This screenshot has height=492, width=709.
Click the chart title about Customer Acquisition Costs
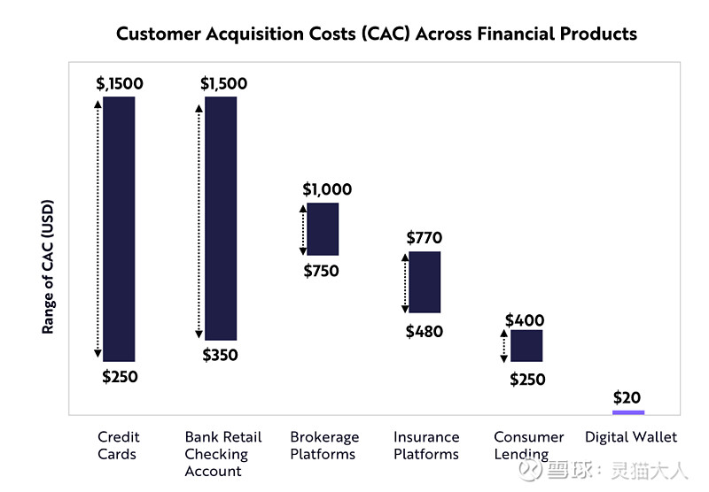377,35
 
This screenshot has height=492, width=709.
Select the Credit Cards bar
119,228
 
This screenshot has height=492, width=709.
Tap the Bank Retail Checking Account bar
221,218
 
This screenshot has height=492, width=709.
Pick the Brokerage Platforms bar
323,229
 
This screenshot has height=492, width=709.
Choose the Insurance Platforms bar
425,282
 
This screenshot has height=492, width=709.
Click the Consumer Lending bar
526,345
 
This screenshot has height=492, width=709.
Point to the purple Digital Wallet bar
628,411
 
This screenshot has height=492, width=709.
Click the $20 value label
627,397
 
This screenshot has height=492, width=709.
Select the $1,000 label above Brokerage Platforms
327,189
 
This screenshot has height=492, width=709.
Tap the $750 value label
321,271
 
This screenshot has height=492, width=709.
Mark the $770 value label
424,238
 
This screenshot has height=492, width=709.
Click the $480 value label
424,332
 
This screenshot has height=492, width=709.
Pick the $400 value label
525,320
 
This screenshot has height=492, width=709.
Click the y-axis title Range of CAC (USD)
49,265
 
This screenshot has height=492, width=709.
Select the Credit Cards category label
119,445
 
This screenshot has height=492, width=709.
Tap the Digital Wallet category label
631,437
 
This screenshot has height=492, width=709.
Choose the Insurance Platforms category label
426,445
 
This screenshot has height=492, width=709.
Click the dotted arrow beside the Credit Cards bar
97,228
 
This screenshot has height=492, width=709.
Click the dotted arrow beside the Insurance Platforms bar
404,282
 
